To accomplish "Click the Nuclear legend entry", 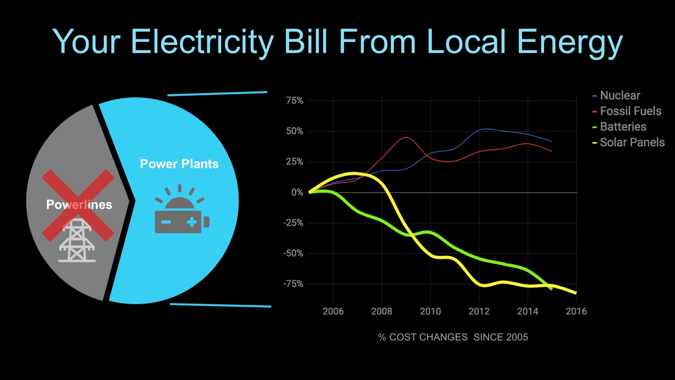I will [620, 96].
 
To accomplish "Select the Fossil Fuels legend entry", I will [630, 111].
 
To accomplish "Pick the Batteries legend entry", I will [623, 127].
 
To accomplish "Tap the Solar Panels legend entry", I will [632, 142].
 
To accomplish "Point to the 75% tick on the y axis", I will [295, 101].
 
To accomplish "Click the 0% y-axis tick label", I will [297, 192].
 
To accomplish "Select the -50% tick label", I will [293, 253].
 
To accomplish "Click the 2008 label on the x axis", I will [382, 311].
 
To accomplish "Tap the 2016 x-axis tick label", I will [576, 311].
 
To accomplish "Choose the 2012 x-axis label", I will [479, 311].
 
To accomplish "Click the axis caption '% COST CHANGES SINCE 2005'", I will [453, 337].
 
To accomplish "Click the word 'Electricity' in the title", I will [202, 42].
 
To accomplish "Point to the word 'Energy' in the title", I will [570, 42].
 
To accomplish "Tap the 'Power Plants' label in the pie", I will [179, 164].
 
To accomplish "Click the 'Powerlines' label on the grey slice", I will [79, 205].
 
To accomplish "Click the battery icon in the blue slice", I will [182, 222].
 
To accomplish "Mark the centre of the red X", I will [78, 205].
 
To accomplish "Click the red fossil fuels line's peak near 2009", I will [406, 137].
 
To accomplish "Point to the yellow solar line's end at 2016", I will [576, 293].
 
